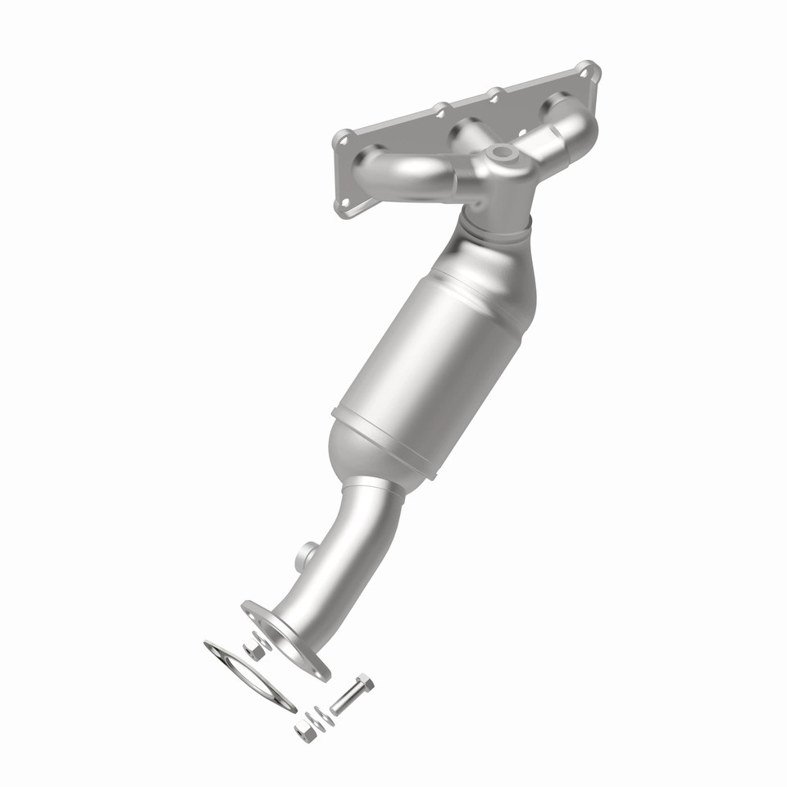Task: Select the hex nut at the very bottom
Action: (305, 731)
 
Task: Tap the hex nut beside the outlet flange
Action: (254, 650)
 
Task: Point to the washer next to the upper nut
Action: (264, 639)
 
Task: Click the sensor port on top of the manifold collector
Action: (500, 153)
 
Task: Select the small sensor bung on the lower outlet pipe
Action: (305, 556)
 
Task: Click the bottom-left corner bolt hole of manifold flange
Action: (345, 202)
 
